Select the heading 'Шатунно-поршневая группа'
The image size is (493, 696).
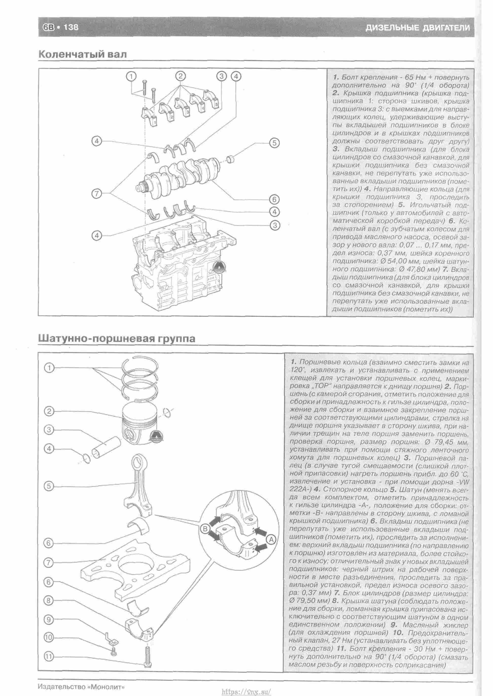[117, 338]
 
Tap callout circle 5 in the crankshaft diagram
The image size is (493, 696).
[274, 143]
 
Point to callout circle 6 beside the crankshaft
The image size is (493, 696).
[274, 199]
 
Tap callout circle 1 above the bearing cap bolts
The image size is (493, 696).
[131, 76]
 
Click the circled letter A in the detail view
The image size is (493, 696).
[271, 539]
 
